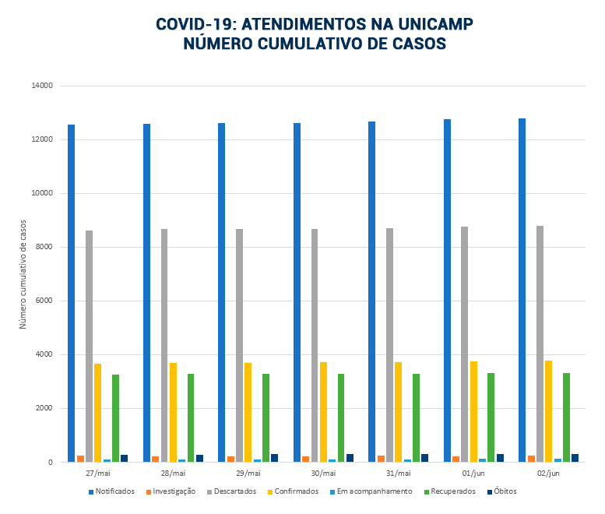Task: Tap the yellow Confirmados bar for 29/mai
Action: (248, 412)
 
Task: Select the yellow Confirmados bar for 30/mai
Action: (323, 412)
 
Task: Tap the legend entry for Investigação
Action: (174, 491)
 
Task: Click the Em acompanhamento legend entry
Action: (373, 491)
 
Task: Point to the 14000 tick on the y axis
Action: (41, 86)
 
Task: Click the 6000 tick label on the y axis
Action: (44, 301)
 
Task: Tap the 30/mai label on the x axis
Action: (323, 474)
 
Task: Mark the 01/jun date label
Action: (473, 474)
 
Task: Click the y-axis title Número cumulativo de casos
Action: (23, 273)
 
